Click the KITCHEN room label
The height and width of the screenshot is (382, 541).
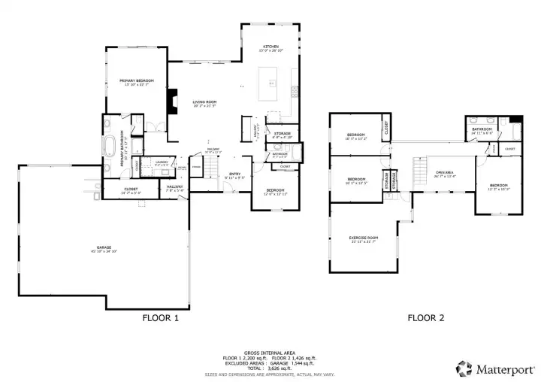[x=270, y=47]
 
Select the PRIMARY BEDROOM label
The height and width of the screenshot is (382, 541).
[x=136, y=80]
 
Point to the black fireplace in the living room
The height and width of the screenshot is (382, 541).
[x=172, y=101]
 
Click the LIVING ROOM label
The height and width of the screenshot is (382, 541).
[x=204, y=102]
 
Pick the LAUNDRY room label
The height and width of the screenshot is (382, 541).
[x=162, y=161]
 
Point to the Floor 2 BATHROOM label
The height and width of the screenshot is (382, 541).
[x=482, y=129]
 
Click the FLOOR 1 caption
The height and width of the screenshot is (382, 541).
[x=161, y=318]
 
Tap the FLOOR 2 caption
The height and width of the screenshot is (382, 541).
[x=426, y=318]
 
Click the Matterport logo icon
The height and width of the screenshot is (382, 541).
[x=465, y=368]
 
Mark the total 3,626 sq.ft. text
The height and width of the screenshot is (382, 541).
[x=270, y=368]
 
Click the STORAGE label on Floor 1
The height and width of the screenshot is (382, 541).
[x=282, y=134]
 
